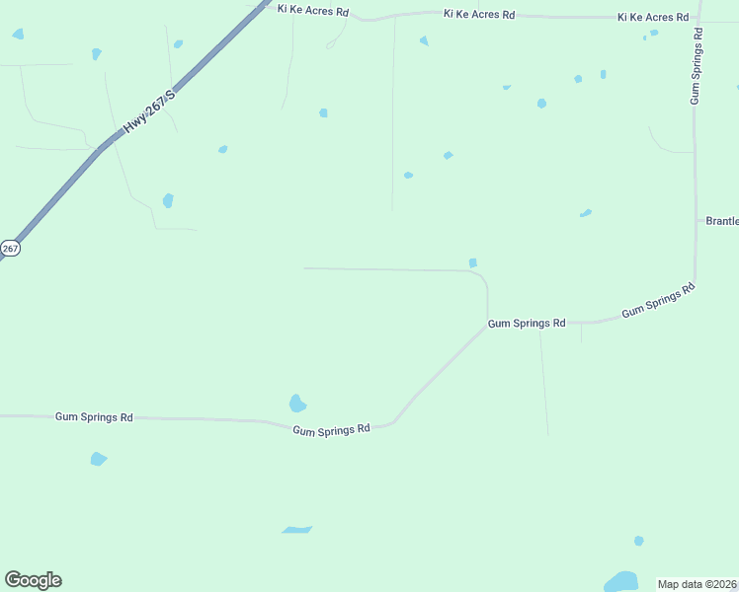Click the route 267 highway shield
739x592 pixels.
coord(9,249)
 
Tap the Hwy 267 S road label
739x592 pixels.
coord(149,112)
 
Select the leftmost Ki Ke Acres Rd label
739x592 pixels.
coord(312,12)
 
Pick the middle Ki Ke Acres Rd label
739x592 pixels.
coord(479,15)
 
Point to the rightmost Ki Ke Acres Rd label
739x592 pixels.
coord(653,18)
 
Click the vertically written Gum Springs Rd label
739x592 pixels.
coord(697,66)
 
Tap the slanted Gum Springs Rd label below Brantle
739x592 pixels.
coord(658,300)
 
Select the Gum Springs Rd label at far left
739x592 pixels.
coord(94,417)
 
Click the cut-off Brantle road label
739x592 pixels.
coord(722,221)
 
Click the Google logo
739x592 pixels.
coord(33,580)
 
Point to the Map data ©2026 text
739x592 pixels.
coord(698,583)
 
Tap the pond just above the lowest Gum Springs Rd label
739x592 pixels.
coord(297,404)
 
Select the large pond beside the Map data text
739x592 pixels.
coord(621,581)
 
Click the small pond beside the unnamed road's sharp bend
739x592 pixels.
coord(473,262)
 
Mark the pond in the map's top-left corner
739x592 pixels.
coord(18,35)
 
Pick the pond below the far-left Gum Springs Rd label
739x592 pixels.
coord(98,459)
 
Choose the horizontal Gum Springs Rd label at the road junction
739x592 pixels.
coord(527,323)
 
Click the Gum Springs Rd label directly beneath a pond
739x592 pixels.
coord(331,428)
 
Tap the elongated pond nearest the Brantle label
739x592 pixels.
coord(586,212)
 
